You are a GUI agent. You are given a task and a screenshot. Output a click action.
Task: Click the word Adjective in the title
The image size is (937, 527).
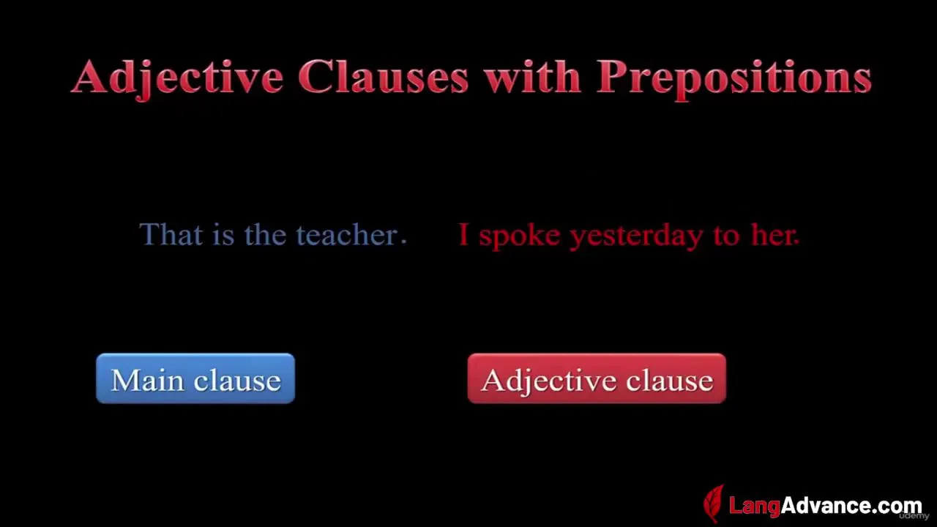178,78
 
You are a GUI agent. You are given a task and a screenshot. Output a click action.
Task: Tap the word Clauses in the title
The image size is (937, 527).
383,77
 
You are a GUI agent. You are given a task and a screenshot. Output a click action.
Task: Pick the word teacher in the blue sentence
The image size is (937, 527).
347,234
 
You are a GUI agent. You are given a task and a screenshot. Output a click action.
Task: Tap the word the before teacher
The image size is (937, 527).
265,233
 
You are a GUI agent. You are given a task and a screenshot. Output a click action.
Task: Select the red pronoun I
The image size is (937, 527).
463,234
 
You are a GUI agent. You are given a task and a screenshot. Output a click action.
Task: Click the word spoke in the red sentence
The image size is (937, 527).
519,236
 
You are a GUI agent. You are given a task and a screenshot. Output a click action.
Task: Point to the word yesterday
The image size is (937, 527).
636,236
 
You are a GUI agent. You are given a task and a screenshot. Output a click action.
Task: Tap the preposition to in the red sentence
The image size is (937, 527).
727,235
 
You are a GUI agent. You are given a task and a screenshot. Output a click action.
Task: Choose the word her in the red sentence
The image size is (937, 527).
774,234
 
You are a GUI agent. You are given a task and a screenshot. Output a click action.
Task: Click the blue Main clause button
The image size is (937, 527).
195,378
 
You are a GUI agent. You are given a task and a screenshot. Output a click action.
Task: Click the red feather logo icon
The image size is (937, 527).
713,504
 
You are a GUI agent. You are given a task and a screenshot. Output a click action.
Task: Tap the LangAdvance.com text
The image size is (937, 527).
825,505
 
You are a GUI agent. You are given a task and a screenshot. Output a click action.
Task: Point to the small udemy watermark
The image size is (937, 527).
914,516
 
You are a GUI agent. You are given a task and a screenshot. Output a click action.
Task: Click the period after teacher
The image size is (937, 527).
403,242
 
